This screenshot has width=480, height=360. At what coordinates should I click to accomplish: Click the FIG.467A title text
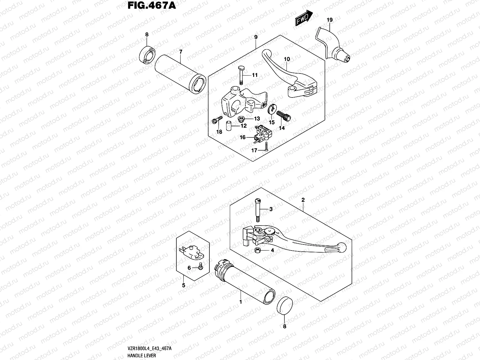coord(151,6)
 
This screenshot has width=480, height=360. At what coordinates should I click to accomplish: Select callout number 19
coord(329,20)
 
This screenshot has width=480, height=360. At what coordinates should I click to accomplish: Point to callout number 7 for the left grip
coord(181,52)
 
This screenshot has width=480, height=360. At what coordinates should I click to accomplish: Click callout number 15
coord(272,122)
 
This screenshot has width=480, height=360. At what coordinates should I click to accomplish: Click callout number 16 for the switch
coord(242,137)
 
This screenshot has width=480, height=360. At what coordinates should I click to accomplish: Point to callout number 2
coord(303,199)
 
